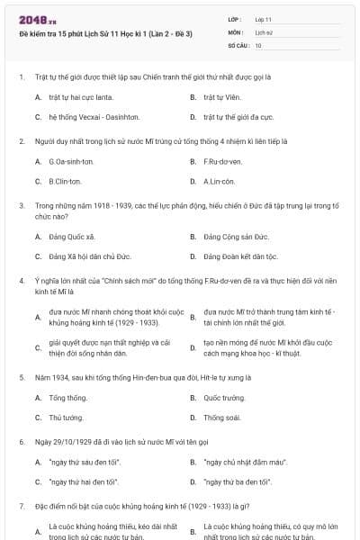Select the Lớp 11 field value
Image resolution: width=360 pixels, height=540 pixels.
[263, 18]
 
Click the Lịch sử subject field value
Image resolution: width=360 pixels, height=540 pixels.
[262, 31]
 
